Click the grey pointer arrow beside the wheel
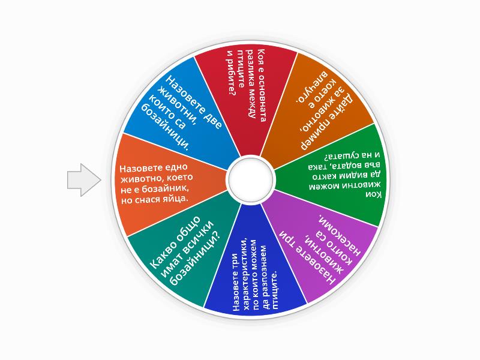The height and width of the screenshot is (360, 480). pos(84,179)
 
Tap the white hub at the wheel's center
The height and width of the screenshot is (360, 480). pos(250,180)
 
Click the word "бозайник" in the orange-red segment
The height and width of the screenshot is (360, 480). pos(168,188)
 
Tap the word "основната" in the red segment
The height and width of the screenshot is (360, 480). pos(262,101)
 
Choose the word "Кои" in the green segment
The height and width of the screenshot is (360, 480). pos(374,194)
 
